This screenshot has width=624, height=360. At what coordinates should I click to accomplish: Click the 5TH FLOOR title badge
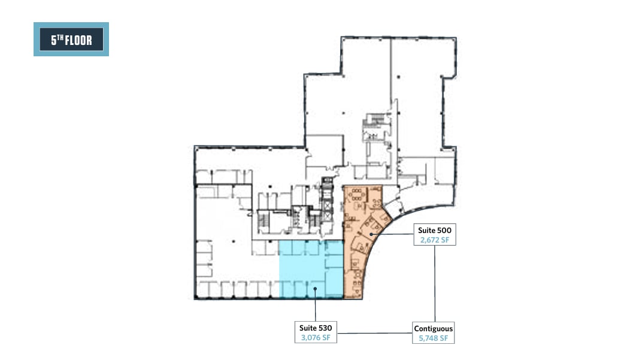tap(71, 40)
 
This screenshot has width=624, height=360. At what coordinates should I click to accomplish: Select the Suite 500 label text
tap(434, 229)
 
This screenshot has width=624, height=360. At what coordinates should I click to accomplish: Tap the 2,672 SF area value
tap(434, 240)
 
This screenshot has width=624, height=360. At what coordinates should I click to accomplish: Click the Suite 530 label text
tap(316, 328)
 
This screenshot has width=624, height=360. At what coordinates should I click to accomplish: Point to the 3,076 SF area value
tap(316, 338)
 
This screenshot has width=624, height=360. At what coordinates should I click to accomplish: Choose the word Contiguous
tap(433, 328)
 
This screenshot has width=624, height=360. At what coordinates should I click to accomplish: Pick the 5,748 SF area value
tap(433, 338)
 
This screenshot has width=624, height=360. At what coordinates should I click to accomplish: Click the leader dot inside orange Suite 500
tap(371, 235)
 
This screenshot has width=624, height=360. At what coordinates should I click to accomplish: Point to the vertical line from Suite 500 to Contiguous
tap(434, 282)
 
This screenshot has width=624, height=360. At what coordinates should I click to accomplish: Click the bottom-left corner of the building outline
tap(195, 298)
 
